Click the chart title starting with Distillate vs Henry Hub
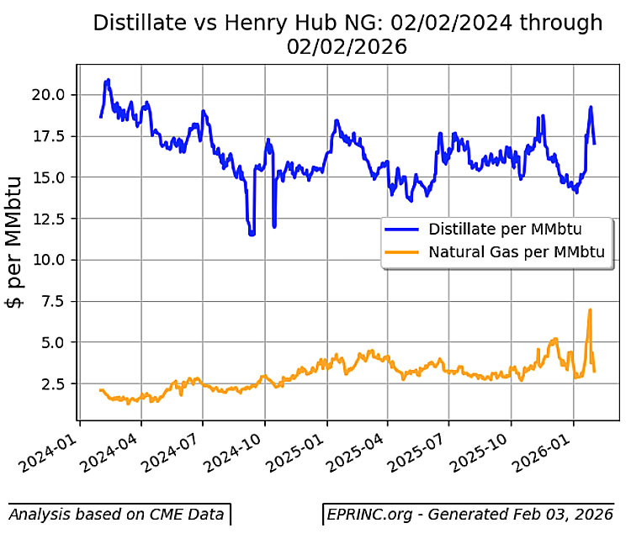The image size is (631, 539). (x=347, y=34)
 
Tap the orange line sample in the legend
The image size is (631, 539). (x=403, y=251)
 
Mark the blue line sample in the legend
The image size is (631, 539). (x=403, y=229)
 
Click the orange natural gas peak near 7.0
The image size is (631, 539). (x=590, y=310)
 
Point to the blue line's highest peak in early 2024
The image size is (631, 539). (x=108, y=80)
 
